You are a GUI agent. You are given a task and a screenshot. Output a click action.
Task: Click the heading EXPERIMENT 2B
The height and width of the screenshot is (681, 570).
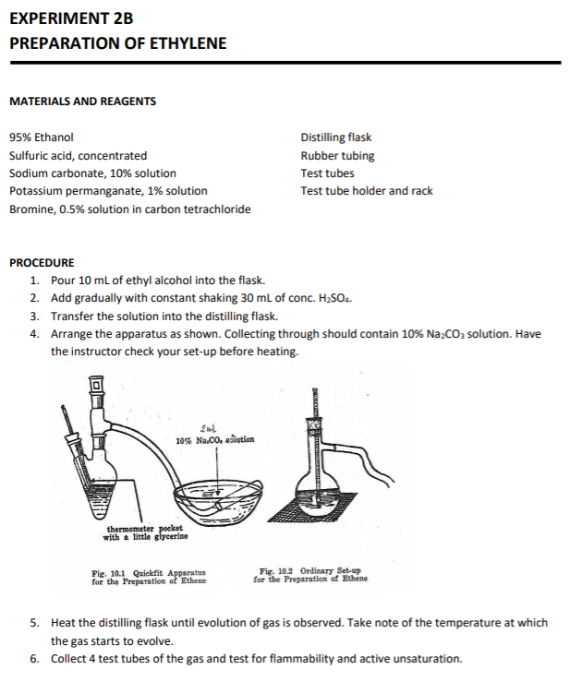click(70, 18)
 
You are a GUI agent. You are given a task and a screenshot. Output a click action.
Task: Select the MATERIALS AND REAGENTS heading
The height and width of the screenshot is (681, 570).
click(82, 102)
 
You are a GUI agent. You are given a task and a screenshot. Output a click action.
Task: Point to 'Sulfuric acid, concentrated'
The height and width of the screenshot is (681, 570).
click(78, 155)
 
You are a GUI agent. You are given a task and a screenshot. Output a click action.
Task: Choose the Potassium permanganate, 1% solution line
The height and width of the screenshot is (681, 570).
click(108, 191)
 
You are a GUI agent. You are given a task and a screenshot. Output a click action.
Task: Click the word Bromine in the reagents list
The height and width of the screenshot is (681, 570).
click(30, 209)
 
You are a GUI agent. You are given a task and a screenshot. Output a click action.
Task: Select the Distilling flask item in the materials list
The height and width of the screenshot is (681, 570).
click(336, 137)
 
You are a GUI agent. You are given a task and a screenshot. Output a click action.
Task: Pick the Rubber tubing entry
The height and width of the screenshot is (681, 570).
click(337, 155)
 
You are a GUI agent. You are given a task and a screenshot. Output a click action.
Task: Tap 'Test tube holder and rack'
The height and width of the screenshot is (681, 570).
click(367, 191)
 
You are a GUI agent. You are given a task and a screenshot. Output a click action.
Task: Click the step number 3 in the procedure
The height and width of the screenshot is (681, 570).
click(34, 316)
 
